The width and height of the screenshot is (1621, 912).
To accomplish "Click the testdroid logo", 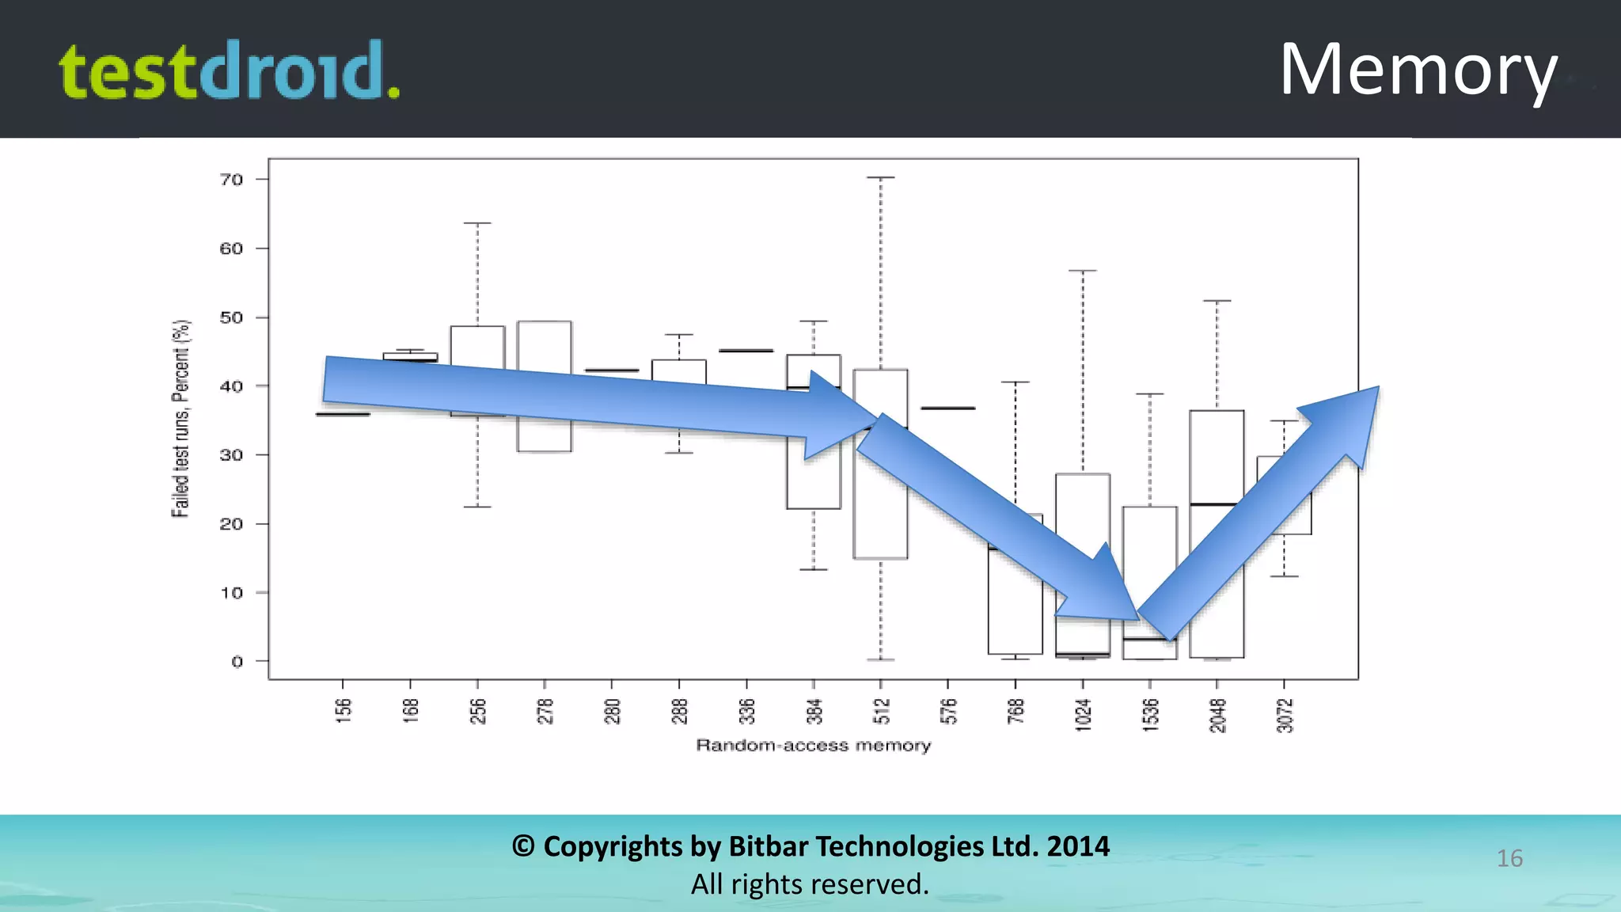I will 229,70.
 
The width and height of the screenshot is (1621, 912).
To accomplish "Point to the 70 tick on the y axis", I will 232,180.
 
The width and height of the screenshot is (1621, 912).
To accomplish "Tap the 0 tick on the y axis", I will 237,662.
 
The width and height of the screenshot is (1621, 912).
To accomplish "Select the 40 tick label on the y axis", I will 231,386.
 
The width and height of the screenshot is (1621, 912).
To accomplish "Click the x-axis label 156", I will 343,711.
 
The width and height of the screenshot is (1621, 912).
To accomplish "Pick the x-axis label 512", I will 881,711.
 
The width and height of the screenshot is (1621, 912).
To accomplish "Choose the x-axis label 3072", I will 1285,715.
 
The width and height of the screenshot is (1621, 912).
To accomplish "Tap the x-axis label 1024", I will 1083,715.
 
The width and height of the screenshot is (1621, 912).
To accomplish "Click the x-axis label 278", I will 545,711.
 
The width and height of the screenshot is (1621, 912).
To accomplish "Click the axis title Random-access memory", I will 813,746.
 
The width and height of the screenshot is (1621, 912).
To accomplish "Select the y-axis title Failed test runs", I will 181,419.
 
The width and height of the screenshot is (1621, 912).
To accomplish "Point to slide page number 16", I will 1509,858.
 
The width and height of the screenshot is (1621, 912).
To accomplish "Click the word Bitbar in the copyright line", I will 767,846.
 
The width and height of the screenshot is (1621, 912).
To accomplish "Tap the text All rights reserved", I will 810,884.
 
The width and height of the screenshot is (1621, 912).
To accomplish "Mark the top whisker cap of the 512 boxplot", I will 881,177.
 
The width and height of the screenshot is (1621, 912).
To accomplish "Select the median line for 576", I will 948,408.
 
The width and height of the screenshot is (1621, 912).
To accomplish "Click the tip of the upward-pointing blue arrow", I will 1377,388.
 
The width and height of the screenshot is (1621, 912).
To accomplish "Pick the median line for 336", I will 746,351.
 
